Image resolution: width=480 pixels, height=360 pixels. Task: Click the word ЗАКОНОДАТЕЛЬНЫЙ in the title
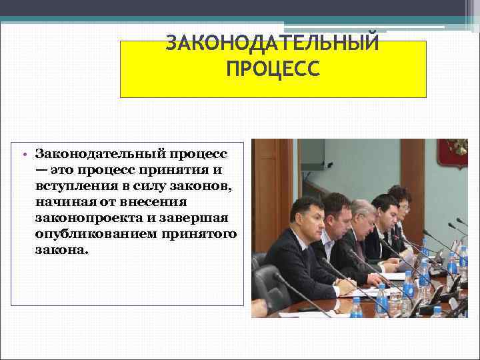(272, 43)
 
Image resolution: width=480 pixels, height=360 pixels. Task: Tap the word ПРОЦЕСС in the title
(273, 69)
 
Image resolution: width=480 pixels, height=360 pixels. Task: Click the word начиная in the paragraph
(65, 202)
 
